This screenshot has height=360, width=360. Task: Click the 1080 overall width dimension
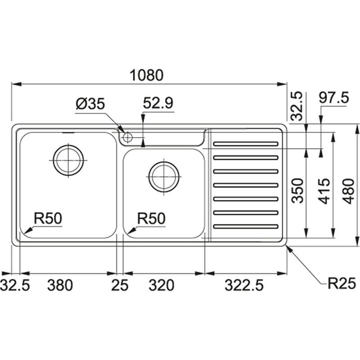point(147,75)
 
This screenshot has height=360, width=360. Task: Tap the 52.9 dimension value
point(157,104)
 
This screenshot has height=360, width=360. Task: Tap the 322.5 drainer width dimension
point(243,285)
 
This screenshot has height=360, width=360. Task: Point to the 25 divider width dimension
point(120,285)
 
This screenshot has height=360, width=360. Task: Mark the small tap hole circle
point(127,136)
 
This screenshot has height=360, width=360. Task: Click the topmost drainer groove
point(246,144)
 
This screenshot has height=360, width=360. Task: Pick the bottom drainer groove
point(246,226)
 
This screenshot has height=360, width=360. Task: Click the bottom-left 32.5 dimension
point(15,285)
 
